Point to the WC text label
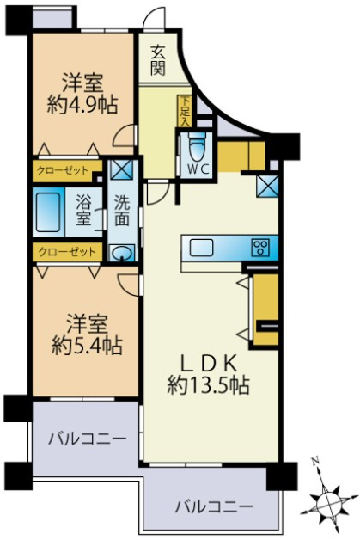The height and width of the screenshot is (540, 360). (198, 169)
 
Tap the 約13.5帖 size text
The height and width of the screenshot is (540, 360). (208, 385)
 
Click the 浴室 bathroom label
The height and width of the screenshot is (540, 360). (83, 211)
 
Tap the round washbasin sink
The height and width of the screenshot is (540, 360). (121, 252)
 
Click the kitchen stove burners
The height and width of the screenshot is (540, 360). (261, 248)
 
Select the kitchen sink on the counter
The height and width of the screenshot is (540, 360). (202, 248)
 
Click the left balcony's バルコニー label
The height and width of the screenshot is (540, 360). (86, 439)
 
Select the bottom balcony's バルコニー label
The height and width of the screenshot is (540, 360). (214, 506)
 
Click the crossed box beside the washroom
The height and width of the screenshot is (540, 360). (121, 169)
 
